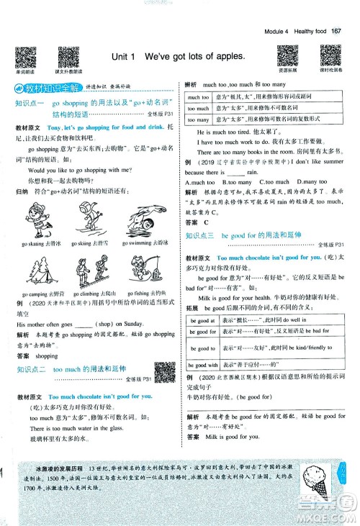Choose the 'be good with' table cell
click(202, 364)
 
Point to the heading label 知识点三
click(202, 235)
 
